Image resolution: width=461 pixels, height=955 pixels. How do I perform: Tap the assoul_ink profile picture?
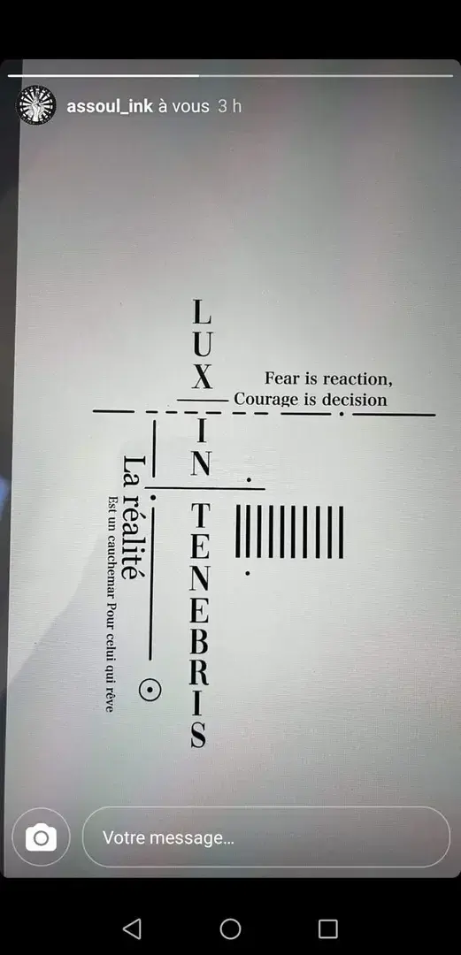click(36, 105)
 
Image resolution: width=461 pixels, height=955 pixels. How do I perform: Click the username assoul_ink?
click(110, 106)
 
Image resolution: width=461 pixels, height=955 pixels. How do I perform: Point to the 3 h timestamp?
click(230, 106)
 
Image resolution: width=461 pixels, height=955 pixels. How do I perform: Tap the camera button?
click(41, 837)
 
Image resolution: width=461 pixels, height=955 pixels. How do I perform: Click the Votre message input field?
click(266, 837)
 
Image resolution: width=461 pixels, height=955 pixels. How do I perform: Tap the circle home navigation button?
click(230, 928)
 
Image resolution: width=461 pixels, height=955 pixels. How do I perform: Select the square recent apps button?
click(328, 928)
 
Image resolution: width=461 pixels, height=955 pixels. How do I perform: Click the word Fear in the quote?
click(282, 378)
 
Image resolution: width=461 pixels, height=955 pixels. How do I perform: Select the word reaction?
click(357, 378)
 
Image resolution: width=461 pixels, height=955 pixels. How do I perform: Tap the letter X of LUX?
click(202, 377)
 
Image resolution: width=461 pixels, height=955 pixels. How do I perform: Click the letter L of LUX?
click(202, 311)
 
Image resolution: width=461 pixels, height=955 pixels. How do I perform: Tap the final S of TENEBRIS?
click(199, 735)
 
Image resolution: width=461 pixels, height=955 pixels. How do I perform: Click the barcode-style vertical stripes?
click(289, 531)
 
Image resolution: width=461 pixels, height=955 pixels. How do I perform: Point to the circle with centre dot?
click(150, 689)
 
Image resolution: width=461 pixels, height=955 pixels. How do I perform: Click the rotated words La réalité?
click(130, 517)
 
